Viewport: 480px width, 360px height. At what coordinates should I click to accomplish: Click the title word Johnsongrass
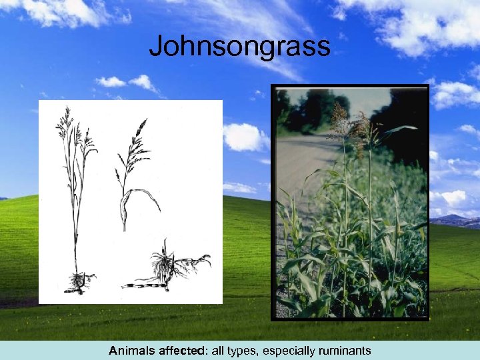(x=239, y=46)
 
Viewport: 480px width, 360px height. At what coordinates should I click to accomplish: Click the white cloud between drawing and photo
(x=243, y=137)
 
